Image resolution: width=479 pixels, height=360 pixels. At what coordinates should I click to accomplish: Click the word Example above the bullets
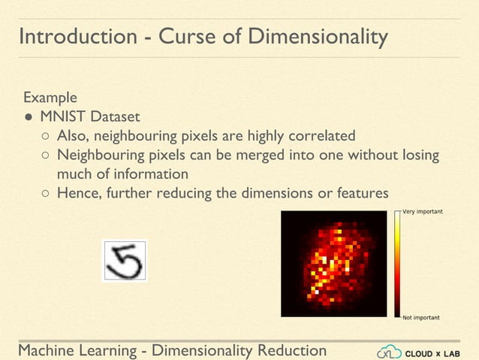point(50,98)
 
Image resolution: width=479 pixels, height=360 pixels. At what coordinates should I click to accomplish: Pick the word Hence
point(78,193)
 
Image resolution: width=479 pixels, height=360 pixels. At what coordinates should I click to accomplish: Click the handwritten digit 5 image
point(125,260)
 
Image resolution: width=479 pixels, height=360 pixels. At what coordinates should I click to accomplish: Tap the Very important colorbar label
point(423,212)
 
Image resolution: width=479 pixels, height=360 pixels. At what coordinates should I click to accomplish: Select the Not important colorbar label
point(421,318)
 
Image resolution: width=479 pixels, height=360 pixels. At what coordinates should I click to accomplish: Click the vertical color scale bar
point(397,265)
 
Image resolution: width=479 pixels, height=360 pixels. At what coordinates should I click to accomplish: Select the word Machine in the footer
point(47,351)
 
